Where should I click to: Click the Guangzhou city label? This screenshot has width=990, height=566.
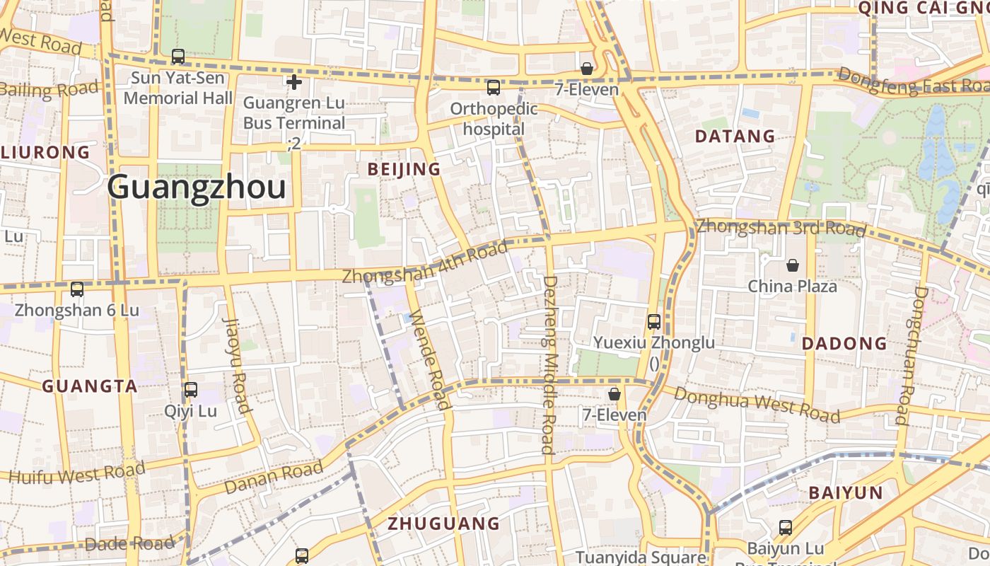197,187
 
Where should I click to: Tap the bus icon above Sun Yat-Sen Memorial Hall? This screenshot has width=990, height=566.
178,57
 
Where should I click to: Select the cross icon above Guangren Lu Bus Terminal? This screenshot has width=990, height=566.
294,82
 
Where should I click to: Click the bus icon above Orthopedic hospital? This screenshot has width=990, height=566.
494,88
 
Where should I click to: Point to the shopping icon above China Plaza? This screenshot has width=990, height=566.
793,266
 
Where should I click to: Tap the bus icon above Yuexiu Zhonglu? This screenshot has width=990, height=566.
654,322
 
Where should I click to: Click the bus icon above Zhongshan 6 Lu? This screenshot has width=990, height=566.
77,289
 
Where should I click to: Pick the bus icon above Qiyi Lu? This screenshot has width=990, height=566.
191,390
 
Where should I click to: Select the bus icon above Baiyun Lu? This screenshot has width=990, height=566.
786,528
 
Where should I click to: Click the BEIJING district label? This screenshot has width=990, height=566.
404,169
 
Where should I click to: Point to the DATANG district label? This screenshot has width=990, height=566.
735,136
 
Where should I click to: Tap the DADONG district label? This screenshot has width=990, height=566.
844,344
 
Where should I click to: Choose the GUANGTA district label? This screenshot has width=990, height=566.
90,386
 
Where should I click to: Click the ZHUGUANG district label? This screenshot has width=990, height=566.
444,524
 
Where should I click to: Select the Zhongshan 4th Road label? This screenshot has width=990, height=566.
424,262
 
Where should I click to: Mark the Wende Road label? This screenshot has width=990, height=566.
429,359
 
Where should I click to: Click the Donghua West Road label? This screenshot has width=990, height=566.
757,404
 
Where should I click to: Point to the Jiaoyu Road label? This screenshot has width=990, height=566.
238,364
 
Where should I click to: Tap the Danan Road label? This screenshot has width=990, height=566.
274,478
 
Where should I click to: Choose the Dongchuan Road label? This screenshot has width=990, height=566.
911,354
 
